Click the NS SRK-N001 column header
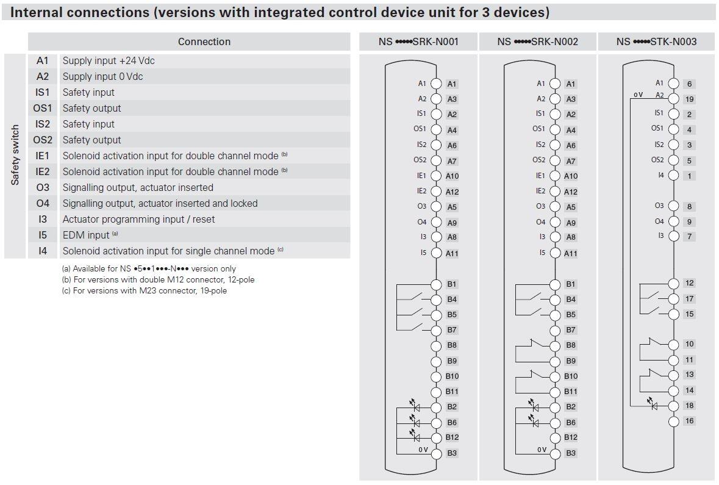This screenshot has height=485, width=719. point(418,41)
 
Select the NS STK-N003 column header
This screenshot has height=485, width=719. point(656,41)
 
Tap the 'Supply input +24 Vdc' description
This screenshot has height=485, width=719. point(113,60)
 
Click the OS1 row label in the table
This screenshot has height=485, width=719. point(43,108)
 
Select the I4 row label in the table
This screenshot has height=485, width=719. point(43,251)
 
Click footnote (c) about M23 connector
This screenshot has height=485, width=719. point(145,290)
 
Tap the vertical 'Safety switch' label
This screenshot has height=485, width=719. point(15,155)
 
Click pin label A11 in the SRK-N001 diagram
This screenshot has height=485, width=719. point(452,253)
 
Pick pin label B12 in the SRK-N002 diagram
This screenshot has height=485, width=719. point(571,437)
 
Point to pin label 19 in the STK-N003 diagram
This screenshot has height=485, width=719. point(689,99)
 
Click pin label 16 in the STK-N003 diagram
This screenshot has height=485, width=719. point(689,421)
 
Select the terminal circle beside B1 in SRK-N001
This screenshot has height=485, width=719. point(436,284)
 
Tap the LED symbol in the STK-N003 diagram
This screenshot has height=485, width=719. point(654,405)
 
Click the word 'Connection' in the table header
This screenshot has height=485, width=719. point(204,41)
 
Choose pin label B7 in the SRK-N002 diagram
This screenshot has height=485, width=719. point(571,330)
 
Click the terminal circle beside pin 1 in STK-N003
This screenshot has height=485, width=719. point(674,176)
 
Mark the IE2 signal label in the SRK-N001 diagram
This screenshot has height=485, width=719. point(422,191)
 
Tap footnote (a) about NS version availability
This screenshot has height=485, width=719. point(149,268)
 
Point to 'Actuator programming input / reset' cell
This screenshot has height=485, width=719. point(138,219)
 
